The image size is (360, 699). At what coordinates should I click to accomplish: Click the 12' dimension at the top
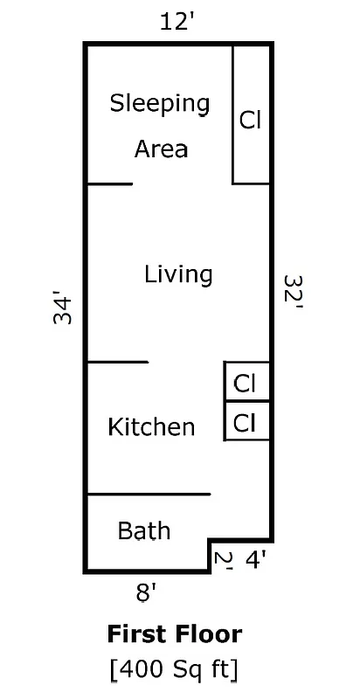point(177,23)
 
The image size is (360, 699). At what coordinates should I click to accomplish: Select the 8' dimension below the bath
point(146,593)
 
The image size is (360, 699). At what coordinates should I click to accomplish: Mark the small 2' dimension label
point(223,560)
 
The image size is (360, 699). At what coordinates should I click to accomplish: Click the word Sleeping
point(160,103)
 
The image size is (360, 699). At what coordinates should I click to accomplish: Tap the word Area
point(161,149)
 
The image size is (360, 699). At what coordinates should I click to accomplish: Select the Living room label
point(178,274)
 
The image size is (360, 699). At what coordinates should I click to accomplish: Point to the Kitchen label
point(151,427)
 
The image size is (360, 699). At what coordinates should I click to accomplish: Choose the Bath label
point(144,530)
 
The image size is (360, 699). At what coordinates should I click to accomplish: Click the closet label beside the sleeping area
point(251,120)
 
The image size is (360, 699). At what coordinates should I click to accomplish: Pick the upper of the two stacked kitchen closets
point(245,383)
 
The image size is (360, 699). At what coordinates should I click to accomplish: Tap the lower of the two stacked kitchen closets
point(245,423)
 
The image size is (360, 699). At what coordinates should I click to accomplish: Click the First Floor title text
point(175,633)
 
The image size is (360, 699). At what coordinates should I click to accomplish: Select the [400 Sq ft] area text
point(174,669)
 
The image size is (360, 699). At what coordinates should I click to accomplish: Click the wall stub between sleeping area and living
point(110,183)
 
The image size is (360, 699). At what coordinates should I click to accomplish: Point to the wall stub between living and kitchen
point(118,362)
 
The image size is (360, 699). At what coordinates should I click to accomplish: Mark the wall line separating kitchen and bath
point(149,495)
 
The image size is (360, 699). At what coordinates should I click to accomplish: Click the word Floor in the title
point(210,633)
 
